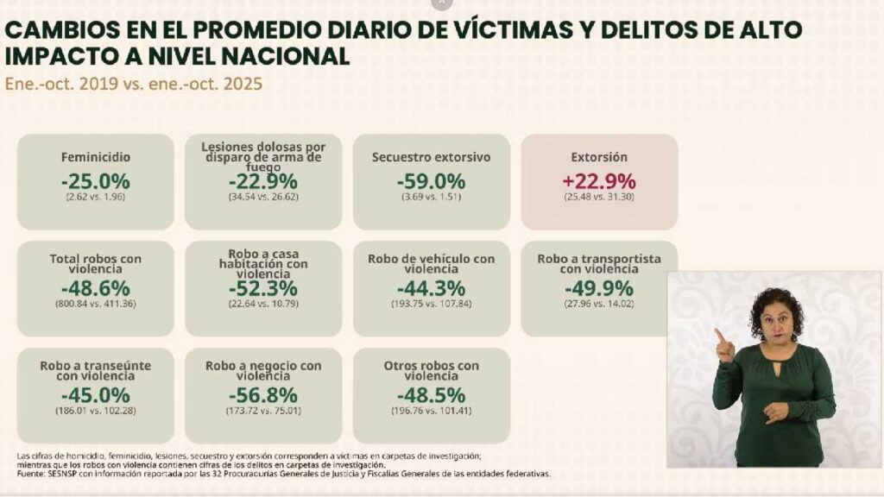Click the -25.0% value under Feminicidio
95,181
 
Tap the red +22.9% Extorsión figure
598,181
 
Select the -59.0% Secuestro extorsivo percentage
431,181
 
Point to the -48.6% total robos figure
95,288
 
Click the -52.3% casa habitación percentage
262,288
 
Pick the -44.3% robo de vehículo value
431,288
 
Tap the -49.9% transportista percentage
598,288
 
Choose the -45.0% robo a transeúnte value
95,394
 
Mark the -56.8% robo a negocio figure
262,394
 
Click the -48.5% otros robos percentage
431,394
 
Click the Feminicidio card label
95,158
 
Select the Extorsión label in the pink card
598,158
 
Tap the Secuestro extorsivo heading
431,158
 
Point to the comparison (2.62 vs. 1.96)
95,198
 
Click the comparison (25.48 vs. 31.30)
598,198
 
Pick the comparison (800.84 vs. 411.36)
95,304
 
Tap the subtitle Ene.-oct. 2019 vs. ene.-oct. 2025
134,85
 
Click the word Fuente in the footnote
32,474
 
